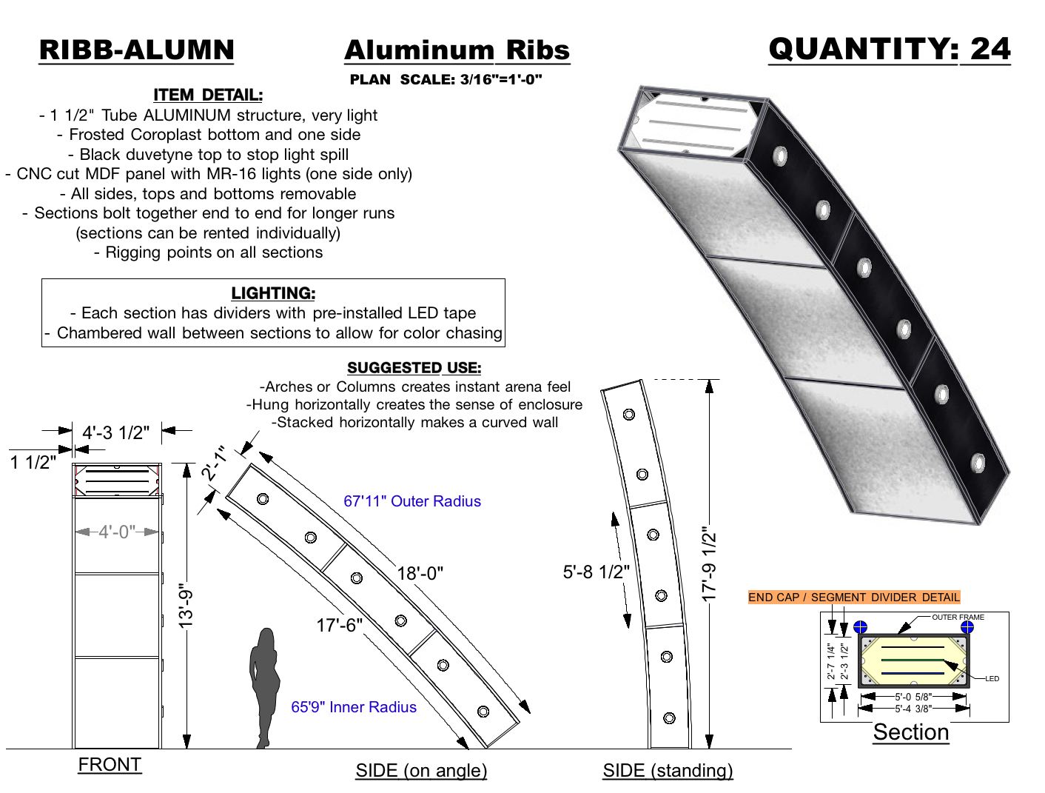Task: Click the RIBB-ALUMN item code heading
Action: tap(136, 50)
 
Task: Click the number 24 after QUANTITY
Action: tap(989, 50)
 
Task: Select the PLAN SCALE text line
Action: tap(446, 80)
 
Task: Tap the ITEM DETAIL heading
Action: tap(207, 95)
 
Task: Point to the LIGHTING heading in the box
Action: tap(273, 293)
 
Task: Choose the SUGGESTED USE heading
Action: tap(414, 368)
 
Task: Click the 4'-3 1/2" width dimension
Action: tap(115, 432)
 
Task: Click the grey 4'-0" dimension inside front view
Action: tap(117, 532)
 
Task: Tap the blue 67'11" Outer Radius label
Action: tap(411, 501)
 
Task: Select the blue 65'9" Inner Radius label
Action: tap(353, 707)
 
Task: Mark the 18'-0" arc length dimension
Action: tap(420, 573)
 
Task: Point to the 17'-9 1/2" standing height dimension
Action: tap(709, 563)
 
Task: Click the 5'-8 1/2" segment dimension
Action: tap(596, 572)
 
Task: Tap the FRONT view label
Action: tap(110, 764)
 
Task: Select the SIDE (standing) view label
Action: tap(668, 770)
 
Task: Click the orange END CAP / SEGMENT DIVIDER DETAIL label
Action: tap(853, 597)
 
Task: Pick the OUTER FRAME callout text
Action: tap(958, 617)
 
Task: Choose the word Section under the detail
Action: tap(910, 732)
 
